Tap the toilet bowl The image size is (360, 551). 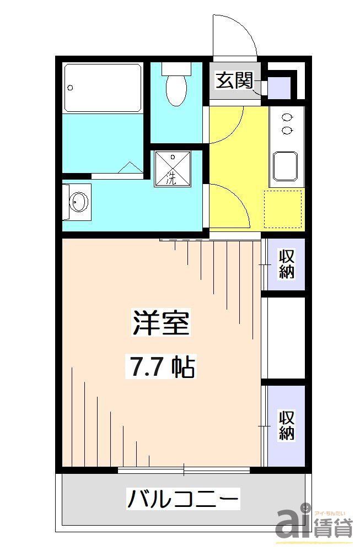click(x=176, y=90)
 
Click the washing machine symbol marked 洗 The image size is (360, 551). click(x=171, y=169)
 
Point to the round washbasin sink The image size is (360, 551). click(x=79, y=203)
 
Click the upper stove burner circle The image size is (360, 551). click(x=287, y=117)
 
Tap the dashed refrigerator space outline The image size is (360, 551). click(x=284, y=208)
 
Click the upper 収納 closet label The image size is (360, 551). click(x=286, y=264)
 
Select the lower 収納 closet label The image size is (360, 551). click(x=286, y=425)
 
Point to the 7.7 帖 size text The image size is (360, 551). click(x=162, y=366)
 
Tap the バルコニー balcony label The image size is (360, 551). click(x=184, y=500)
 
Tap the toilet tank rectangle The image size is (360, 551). click(x=176, y=69)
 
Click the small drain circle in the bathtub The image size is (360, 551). click(x=70, y=87)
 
